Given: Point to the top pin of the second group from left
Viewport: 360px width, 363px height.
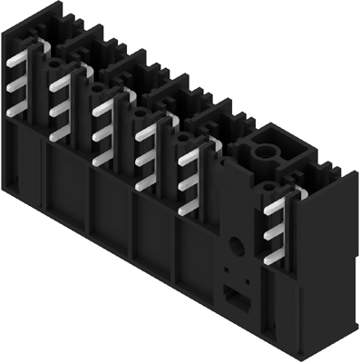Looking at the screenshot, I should (60, 84).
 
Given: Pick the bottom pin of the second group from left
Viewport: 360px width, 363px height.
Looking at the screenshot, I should (60, 134).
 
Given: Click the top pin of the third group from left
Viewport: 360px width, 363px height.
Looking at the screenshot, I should (102, 106).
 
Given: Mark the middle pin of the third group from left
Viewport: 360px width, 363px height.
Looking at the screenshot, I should (102, 132).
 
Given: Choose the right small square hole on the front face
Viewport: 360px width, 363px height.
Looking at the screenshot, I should (244, 275).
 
